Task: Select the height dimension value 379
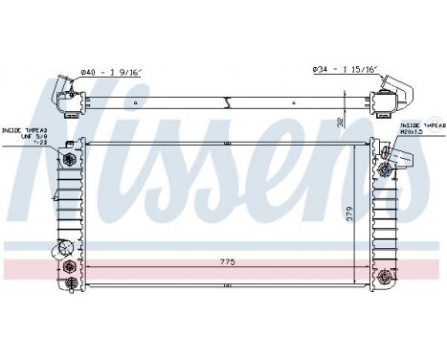(351, 212)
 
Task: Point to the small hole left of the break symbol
(136, 101)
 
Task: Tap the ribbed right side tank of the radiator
(383, 220)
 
